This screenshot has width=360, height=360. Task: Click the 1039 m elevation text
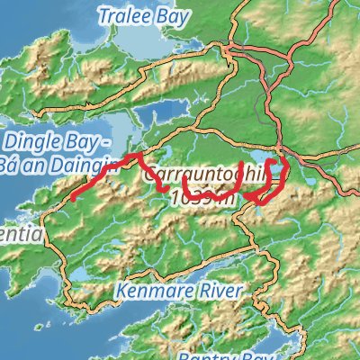202,195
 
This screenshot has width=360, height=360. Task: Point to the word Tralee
120,16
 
